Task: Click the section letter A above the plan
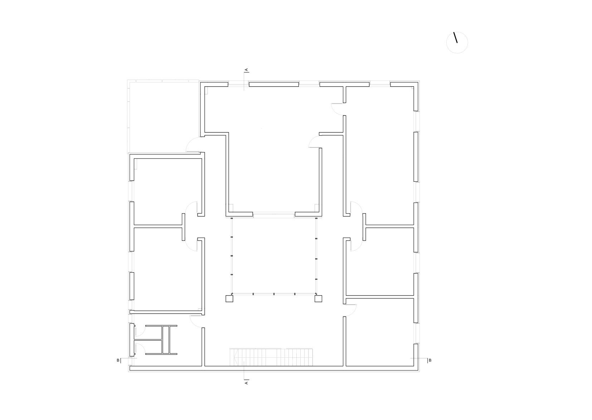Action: [x=246, y=70]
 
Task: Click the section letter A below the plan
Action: [x=246, y=382]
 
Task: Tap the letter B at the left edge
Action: [x=118, y=360]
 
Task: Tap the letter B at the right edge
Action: [x=430, y=360]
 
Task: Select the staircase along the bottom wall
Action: [x=271, y=357]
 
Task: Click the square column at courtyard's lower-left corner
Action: [x=229, y=299]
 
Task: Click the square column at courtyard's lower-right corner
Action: [x=318, y=299]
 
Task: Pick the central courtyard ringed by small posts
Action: [x=274, y=256]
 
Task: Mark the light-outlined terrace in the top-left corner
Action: [x=163, y=116]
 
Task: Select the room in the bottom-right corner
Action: [x=379, y=332]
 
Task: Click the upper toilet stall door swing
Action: [x=140, y=331]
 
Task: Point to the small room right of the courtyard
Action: [x=379, y=262]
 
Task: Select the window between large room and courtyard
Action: [x=274, y=214]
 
